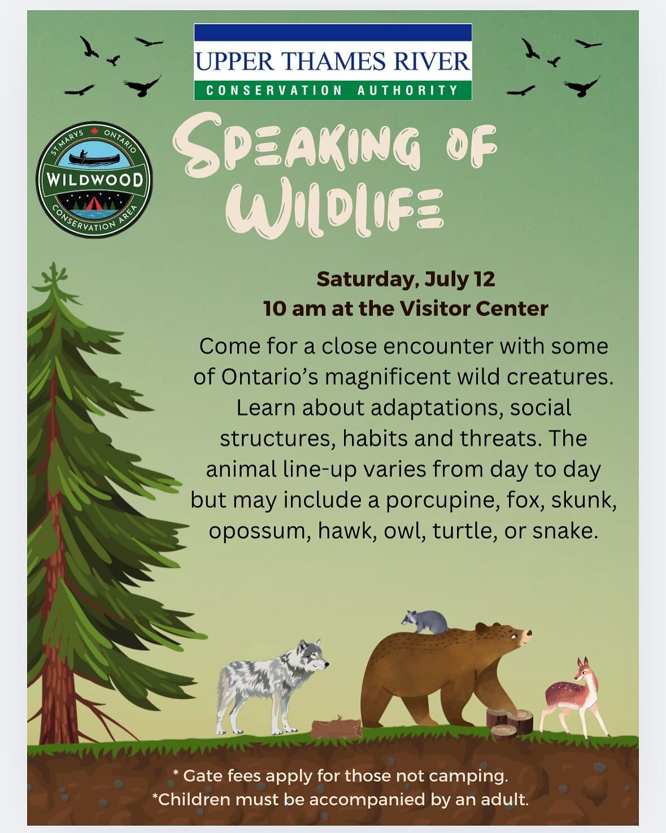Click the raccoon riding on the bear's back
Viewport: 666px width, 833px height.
pyautogui.click(x=424, y=622)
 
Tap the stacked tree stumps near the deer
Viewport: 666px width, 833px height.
pyautogui.click(x=510, y=722)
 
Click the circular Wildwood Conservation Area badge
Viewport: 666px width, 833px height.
pyautogui.click(x=94, y=179)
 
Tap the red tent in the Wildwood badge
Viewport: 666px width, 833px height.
pyautogui.click(x=92, y=203)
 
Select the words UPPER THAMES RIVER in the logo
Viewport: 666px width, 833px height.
pyautogui.click(x=333, y=61)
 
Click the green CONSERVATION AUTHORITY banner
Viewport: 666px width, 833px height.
pyautogui.click(x=333, y=90)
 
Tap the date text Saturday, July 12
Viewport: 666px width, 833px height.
pyautogui.click(x=406, y=279)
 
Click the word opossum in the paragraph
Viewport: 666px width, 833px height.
pyautogui.click(x=260, y=530)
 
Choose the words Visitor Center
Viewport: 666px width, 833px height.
pyautogui.click(x=473, y=309)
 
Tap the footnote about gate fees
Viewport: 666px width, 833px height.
pyautogui.click(x=341, y=776)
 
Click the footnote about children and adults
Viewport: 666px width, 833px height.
pyautogui.click(x=341, y=799)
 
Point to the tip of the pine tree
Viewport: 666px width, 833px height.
pyautogui.click(x=53, y=263)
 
